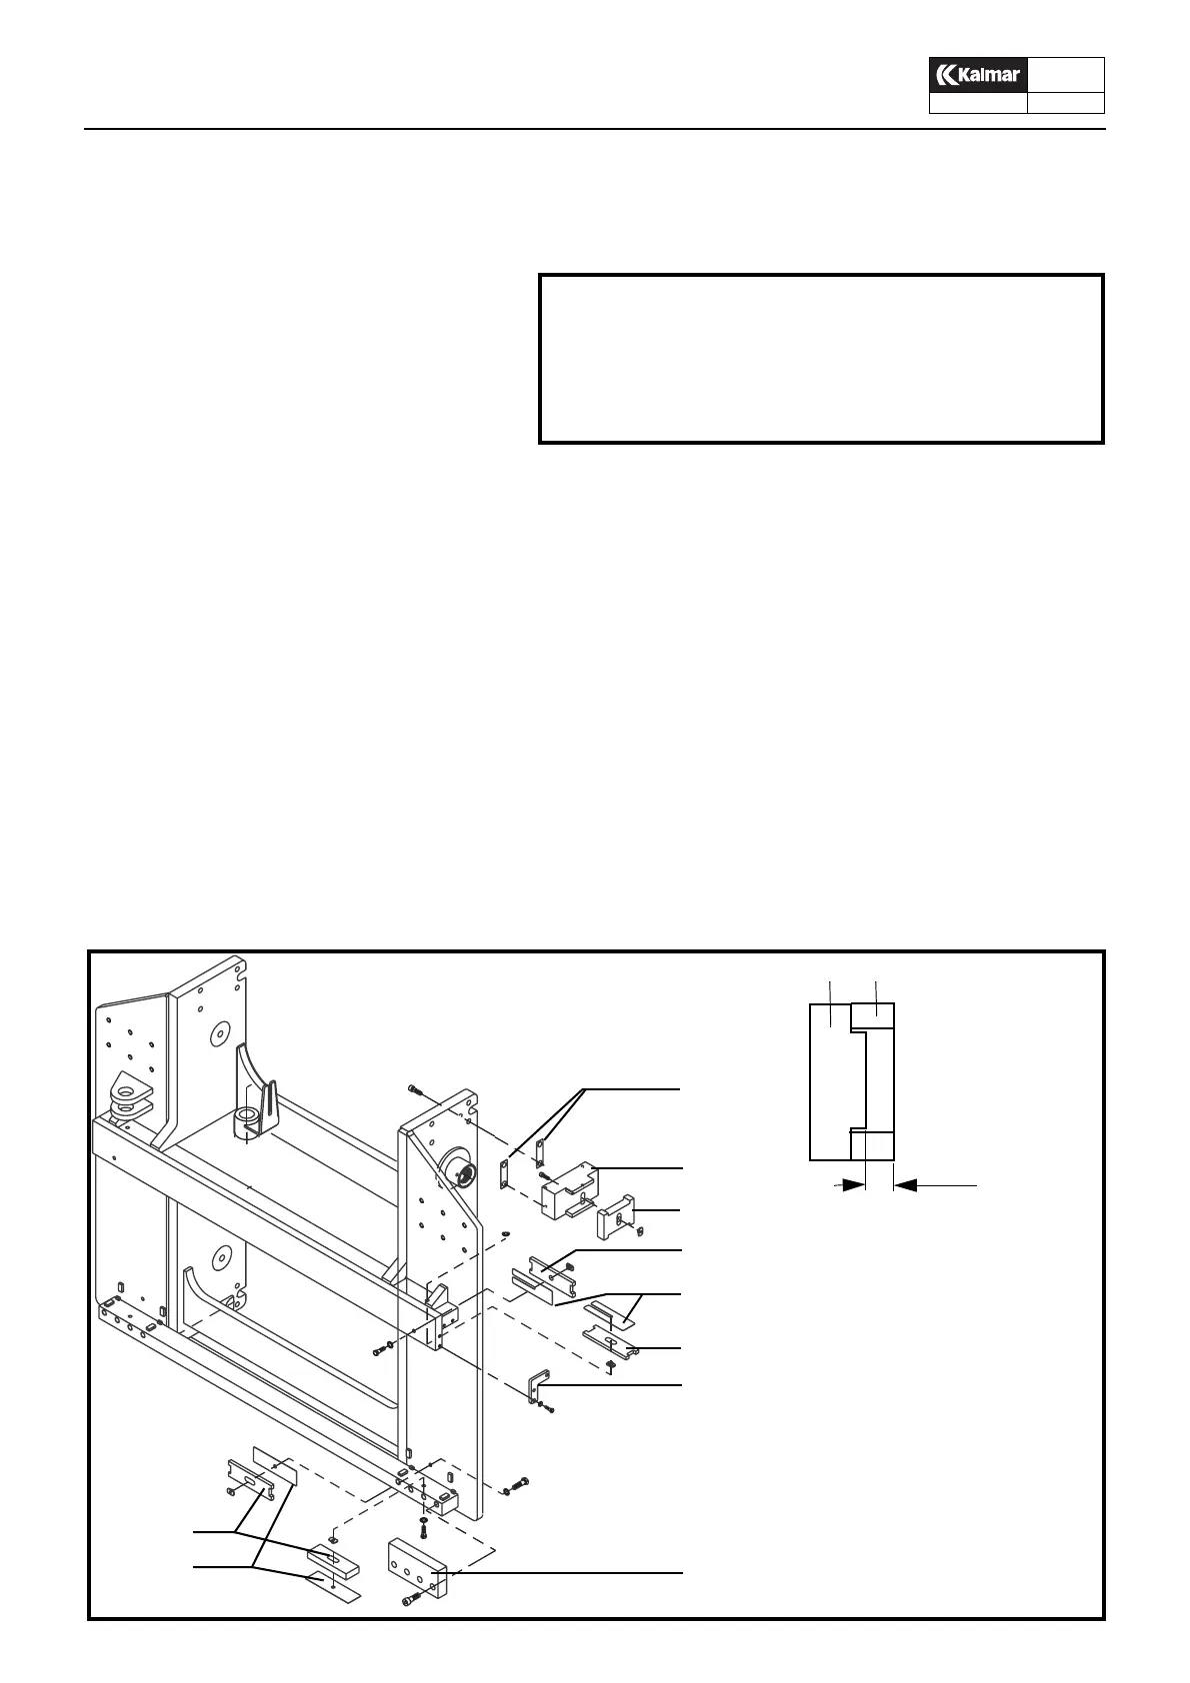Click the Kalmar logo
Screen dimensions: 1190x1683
[x=978, y=75]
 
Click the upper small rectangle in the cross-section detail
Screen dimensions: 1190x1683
[x=872, y=1016]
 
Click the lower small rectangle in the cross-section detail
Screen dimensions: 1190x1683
[x=872, y=1145]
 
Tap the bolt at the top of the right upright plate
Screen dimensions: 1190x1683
[x=415, y=1088]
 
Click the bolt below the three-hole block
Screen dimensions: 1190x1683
[x=408, y=1601]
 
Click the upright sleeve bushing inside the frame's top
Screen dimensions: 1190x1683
[x=248, y=1119]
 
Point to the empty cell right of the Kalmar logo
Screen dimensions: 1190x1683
[x=1066, y=75]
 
